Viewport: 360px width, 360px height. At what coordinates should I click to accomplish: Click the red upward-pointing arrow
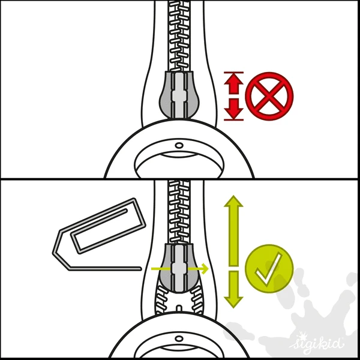[234, 83]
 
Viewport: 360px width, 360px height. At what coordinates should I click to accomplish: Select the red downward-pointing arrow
[234, 109]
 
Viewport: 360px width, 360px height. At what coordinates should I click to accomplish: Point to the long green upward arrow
[233, 230]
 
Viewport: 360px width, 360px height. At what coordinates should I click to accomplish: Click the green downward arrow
[233, 289]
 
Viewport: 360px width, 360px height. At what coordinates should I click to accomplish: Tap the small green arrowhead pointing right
[205, 268]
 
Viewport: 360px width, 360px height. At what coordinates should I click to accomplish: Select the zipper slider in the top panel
[179, 95]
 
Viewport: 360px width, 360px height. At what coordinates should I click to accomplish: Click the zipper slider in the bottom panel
[179, 268]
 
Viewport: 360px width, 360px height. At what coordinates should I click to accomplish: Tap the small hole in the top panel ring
[179, 145]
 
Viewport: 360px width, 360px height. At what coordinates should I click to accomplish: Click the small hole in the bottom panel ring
[179, 338]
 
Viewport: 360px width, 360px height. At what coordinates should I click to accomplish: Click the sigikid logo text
[317, 343]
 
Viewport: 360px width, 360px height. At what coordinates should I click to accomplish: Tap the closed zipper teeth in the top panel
[179, 36]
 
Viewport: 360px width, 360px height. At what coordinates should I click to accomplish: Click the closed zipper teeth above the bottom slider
[179, 212]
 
